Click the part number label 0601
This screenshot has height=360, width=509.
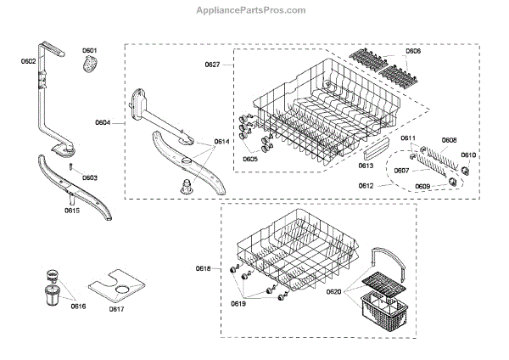pyautogui.click(x=90, y=51)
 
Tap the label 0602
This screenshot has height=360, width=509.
pyautogui.click(x=29, y=61)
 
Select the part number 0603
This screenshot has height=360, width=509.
pyautogui.click(x=89, y=177)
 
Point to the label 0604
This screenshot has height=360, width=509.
pyautogui.click(x=103, y=123)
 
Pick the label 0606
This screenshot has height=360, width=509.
pyautogui.click(x=413, y=52)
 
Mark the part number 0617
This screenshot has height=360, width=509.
pyautogui.click(x=116, y=307)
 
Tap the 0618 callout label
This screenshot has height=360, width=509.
pyautogui.click(x=203, y=268)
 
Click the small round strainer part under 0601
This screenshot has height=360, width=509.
pyautogui.click(x=91, y=68)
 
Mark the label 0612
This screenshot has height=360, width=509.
pyautogui.click(x=366, y=184)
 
